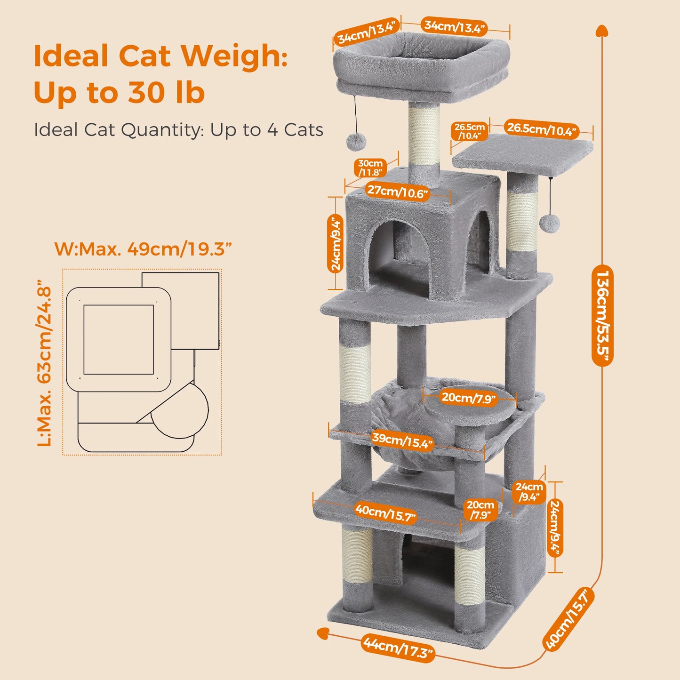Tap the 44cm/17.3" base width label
[x=398, y=647]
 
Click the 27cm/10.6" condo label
[x=398, y=192]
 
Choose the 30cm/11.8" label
[x=370, y=168]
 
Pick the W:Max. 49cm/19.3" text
[x=144, y=248]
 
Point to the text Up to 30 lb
[x=120, y=93]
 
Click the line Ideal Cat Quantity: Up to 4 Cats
[x=178, y=130]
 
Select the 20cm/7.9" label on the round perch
[x=469, y=398]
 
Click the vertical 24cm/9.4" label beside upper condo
[x=336, y=243]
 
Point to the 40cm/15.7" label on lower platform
[x=385, y=513]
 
